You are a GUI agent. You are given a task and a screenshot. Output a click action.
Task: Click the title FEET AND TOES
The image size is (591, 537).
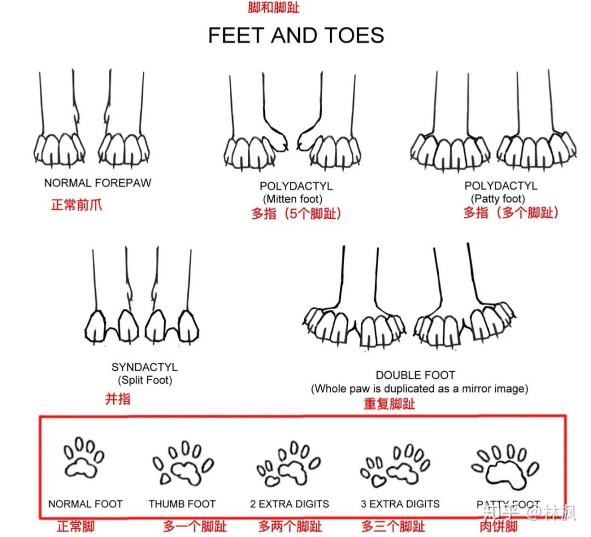pyautogui.click(x=296, y=36)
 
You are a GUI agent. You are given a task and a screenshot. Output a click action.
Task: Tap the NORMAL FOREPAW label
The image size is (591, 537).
pyautogui.click(x=97, y=183)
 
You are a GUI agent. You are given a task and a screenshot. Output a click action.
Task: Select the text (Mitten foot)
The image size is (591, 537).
pyautogui.click(x=292, y=199)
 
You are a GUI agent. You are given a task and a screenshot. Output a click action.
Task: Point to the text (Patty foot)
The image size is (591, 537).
pyautogui.click(x=498, y=198)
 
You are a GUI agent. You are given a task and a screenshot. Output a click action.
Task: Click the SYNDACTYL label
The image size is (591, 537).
pyautogui.click(x=144, y=367)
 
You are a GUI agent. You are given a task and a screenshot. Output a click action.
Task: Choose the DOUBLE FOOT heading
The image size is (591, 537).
pyautogui.click(x=415, y=375)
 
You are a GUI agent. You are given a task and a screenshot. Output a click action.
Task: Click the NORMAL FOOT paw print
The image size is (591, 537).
pyautogui.click(x=84, y=458)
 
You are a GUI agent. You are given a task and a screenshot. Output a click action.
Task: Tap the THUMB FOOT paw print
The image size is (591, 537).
pyautogui.click(x=183, y=463)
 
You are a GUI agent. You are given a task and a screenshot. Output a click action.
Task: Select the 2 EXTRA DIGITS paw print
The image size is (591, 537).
pyautogui.click(x=288, y=463)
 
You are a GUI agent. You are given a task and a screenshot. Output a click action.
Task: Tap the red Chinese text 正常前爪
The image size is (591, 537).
pyautogui.click(x=77, y=205)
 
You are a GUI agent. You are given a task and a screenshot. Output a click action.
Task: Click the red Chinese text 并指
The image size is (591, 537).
pyautogui.click(x=118, y=399)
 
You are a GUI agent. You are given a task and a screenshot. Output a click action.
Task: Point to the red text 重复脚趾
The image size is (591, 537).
pyautogui.click(x=390, y=404)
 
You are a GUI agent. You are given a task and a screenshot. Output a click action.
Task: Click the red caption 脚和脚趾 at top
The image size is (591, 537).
pyautogui.click(x=274, y=7)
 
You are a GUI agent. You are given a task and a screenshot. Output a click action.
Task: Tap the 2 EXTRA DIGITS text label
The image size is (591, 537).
pyautogui.click(x=289, y=504)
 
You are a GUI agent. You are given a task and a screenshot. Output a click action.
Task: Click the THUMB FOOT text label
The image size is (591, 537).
pyautogui.click(x=182, y=504)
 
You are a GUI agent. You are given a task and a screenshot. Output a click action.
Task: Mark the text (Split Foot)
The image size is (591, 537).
pyautogui.click(x=144, y=380)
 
